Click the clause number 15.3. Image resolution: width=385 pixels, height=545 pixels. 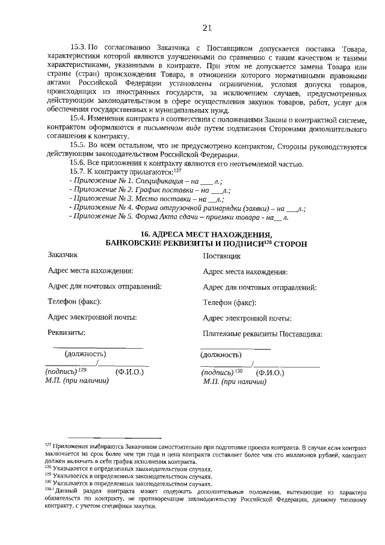click(79, 46)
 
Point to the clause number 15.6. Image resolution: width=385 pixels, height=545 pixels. click(79, 164)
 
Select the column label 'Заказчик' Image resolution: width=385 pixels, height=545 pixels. click(63, 255)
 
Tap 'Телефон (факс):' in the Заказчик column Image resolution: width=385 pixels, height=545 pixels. click(74, 301)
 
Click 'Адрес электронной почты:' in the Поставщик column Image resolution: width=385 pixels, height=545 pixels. click(247, 318)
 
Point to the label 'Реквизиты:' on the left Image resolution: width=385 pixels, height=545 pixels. click(66, 332)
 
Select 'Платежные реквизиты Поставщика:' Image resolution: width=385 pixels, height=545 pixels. click(262, 334)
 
